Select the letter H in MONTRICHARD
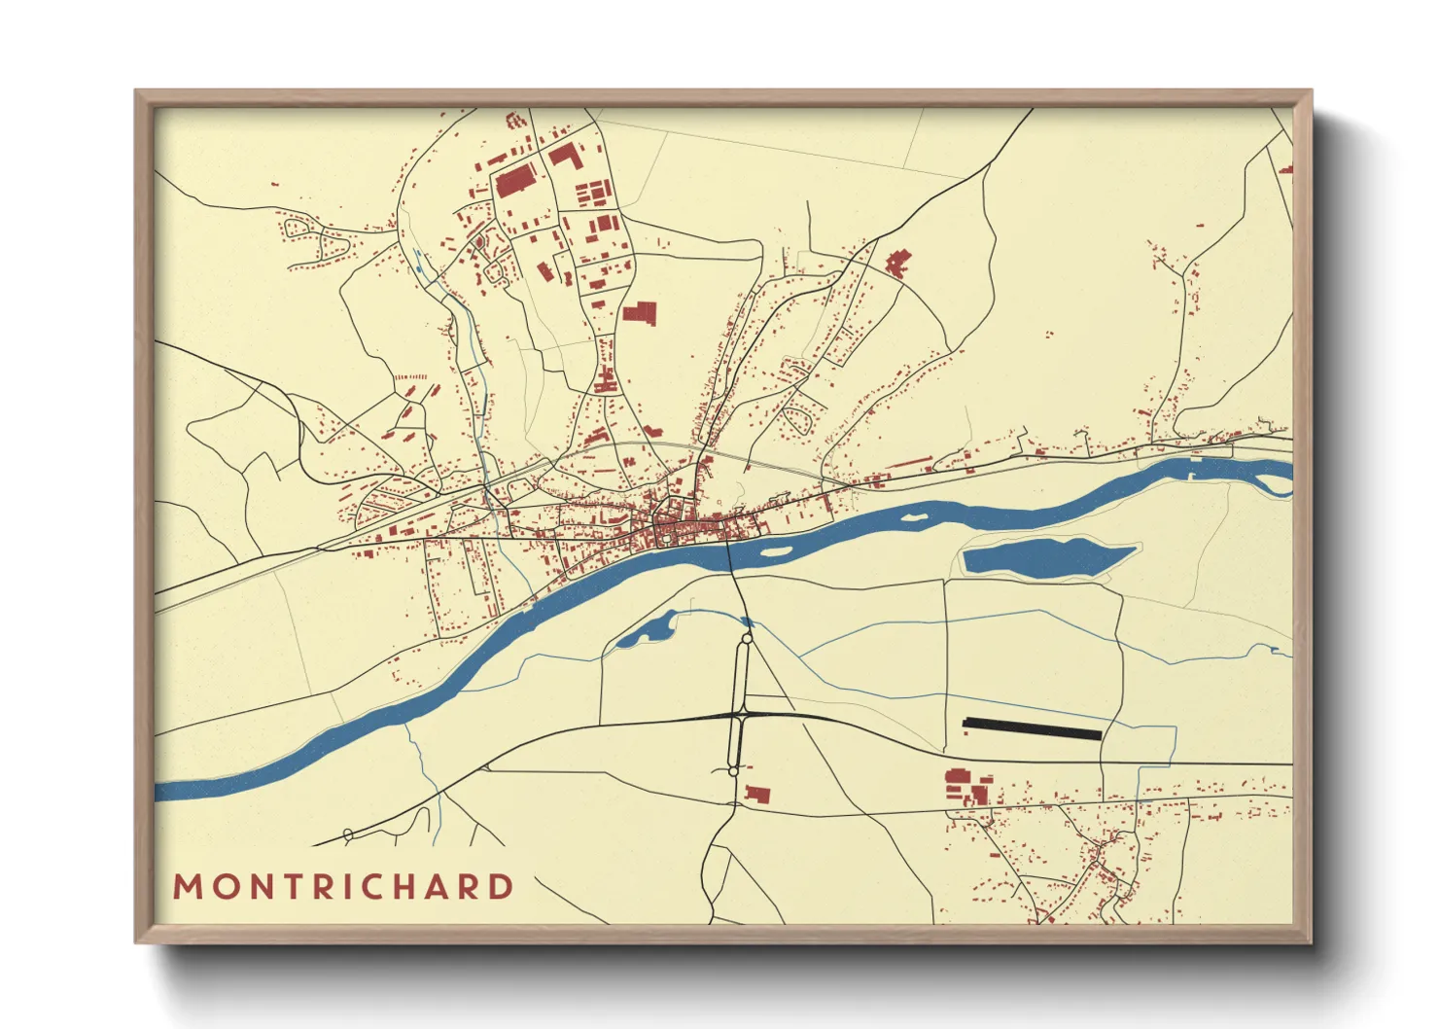tap(402, 887)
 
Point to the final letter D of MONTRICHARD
tap(501, 887)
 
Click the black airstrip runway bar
tap(1032, 728)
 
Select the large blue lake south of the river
tap(1045, 558)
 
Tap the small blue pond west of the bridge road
tap(645, 632)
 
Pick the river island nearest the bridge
tap(775, 551)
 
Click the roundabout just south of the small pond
tap(747, 639)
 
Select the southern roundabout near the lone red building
tap(733, 771)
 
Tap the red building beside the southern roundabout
tap(757, 795)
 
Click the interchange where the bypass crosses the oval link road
tap(740, 716)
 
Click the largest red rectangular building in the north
tap(515, 181)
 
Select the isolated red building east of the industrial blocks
tap(640, 312)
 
